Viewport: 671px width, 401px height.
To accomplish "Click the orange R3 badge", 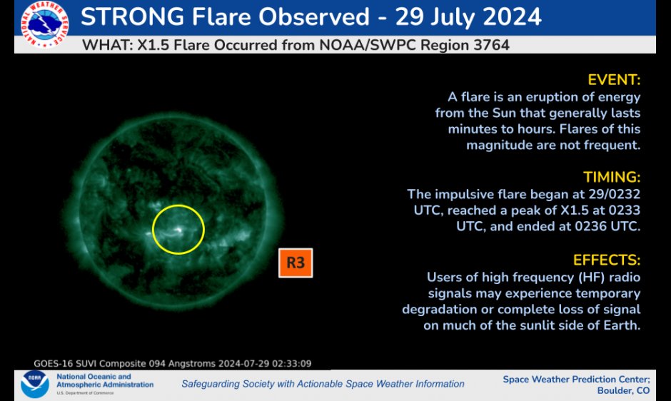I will pyautogui.click(x=296, y=263).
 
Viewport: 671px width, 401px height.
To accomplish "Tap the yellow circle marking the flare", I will pyautogui.click(x=178, y=229).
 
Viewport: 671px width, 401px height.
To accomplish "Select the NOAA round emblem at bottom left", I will pyautogui.click(x=35, y=383).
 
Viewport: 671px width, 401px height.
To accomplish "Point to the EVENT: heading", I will pyautogui.click(x=614, y=79).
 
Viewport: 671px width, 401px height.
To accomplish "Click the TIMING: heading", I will pyautogui.click(x=612, y=177).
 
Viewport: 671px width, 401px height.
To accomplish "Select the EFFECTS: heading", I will pyautogui.click(x=607, y=259).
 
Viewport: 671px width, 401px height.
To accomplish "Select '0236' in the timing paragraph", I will pyautogui.click(x=558, y=227).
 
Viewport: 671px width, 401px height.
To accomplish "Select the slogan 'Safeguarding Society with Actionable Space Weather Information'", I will pyautogui.click(x=323, y=384).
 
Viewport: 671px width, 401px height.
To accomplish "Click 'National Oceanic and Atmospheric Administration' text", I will pyautogui.click(x=104, y=381).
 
